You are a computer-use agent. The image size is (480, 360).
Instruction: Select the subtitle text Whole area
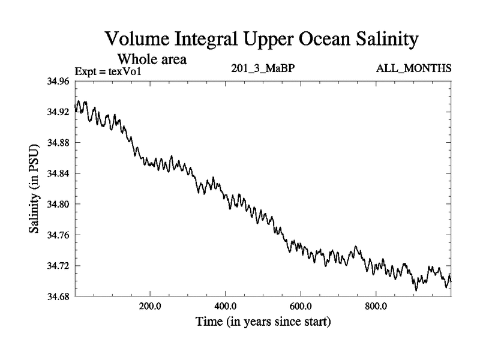(152, 59)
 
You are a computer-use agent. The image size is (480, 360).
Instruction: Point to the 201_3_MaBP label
(263, 68)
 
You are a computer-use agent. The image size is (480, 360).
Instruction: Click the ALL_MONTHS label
(413, 68)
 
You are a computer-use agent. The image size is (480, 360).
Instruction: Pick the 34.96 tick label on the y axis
(59, 81)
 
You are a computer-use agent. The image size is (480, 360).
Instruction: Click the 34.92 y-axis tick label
(59, 112)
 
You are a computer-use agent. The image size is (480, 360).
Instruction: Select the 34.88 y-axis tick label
(59, 143)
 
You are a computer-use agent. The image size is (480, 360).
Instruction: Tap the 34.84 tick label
(59, 173)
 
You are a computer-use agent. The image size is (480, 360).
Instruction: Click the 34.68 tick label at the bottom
(59, 296)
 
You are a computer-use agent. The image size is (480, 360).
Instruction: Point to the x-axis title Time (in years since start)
(263, 322)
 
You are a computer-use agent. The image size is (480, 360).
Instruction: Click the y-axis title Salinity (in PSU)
(35, 189)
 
